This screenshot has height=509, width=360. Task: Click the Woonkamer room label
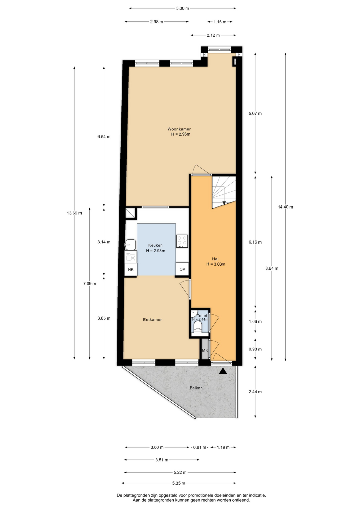(179, 129)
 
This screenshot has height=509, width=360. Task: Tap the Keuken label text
(155, 245)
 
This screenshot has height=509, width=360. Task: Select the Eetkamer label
(152, 319)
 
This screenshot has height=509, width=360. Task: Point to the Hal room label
(215, 259)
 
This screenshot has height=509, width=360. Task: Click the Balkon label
(196, 388)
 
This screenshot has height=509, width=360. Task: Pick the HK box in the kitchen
(131, 269)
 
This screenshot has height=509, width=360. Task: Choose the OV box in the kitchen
(182, 269)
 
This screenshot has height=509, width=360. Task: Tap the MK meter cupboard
(205, 350)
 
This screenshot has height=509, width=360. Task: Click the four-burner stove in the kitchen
(182, 241)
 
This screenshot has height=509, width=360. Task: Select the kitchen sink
(130, 244)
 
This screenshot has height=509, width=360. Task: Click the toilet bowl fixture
(198, 328)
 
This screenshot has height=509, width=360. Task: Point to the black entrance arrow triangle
(223, 371)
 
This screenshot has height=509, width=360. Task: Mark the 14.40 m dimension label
(285, 207)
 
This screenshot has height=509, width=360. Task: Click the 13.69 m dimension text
(74, 213)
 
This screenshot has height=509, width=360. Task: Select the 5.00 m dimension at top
(182, 8)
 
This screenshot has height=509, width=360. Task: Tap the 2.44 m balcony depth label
(255, 392)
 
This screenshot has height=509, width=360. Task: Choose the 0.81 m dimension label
(199, 447)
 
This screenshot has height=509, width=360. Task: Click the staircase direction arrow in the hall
(224, 203)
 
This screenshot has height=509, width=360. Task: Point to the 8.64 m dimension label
(272, 268)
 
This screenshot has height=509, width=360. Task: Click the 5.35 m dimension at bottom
(178, 483)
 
